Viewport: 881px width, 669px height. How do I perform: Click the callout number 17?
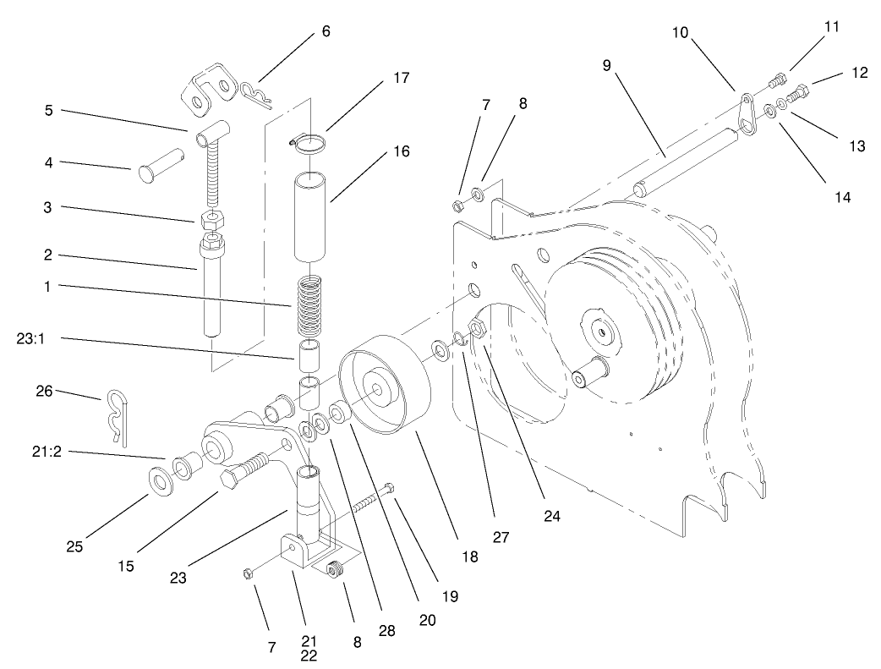click(401, 78)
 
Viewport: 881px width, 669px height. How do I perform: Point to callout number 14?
click(840, 198)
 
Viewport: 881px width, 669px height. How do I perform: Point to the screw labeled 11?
click(778, 83)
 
